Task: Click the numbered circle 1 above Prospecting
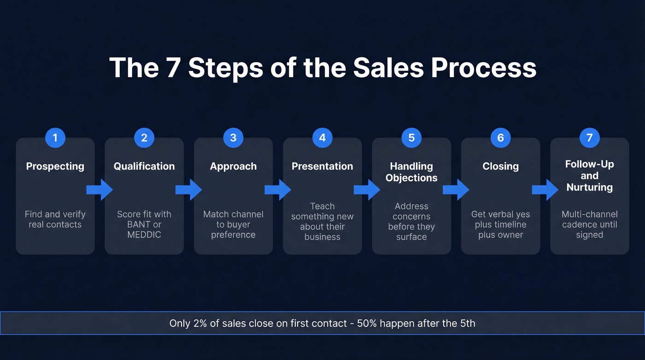[55, 138]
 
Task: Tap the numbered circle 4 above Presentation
[322, 138]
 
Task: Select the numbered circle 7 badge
[589, 138]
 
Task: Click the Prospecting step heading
[55, 166]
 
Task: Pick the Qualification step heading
[144, 166]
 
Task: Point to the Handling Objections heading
[411, 172]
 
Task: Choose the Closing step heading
[500, 166]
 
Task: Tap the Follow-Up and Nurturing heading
[589, 176]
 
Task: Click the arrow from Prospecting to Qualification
[100, 189]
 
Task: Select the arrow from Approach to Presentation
[278, 189]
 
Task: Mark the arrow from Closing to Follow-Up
[545, 189]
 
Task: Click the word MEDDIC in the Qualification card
[144, 235]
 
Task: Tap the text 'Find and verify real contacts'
[55, 219]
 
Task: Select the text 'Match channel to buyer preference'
[233, 224]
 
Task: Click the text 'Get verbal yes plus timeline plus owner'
[500, 224]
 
